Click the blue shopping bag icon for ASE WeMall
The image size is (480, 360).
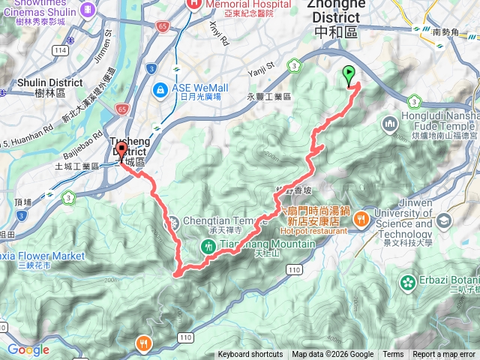pyautogui.click(x=160, y=91)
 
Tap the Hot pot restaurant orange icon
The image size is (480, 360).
pyautogui.click(x=361, y=220)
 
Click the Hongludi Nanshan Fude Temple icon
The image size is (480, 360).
pyautogui.click(x=389, y=123)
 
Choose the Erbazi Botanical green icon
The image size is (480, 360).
pyautogui.click(x=408, y=283)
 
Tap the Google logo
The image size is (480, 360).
pyautogui.click(x=28, y=349)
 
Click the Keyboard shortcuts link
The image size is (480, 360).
pyautogui.click(x=250, y=355)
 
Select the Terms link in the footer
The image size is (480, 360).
pyautogui.click(x=393, y=355)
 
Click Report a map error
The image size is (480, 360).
pyautogui.click(x=445, y=355)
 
